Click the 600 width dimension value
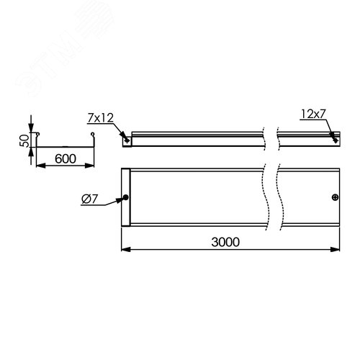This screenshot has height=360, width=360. pyautogui.click(x=65, y=156)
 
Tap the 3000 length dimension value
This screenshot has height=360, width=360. pyautogui.click(x=226, y=242)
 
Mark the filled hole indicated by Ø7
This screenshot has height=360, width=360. pyautogui.click(x=127, y=198)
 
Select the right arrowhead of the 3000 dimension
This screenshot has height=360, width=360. pyautogui.click(x=338, y=250)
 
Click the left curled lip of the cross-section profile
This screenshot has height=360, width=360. pyautogui.click(x=39, y=135)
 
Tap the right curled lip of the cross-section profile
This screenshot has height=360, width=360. pyautogui.click(x=92, y=135)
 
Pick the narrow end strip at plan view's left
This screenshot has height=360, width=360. pyautogui.click(x=125, y=198)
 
